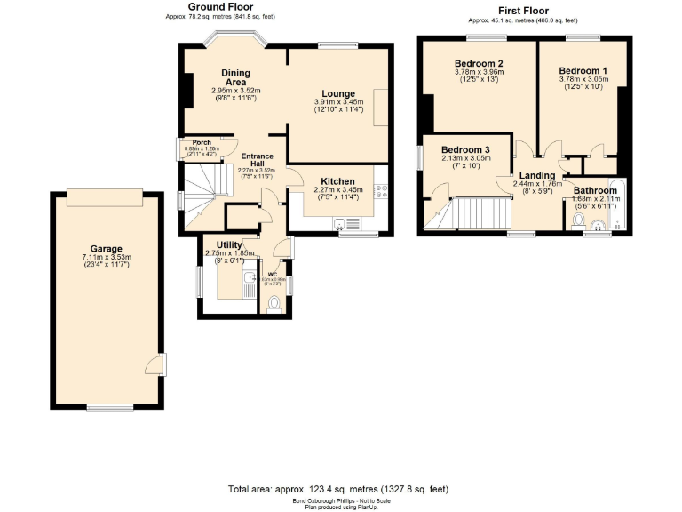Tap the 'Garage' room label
click(x=106, y=249)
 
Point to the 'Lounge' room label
click(x=339, y=93)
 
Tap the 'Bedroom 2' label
click(x=479, y=63)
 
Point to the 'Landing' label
click(x=537, y=175)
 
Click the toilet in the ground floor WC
click(x=274, y=304)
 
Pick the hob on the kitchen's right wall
click(x=382, y=189)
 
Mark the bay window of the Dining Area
click(x=234, y=40)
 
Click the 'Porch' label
click(x=202, y=142)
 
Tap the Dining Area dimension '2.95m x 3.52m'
click(x=235, y=90)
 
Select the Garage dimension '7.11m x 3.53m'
click(x=106, y=258)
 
